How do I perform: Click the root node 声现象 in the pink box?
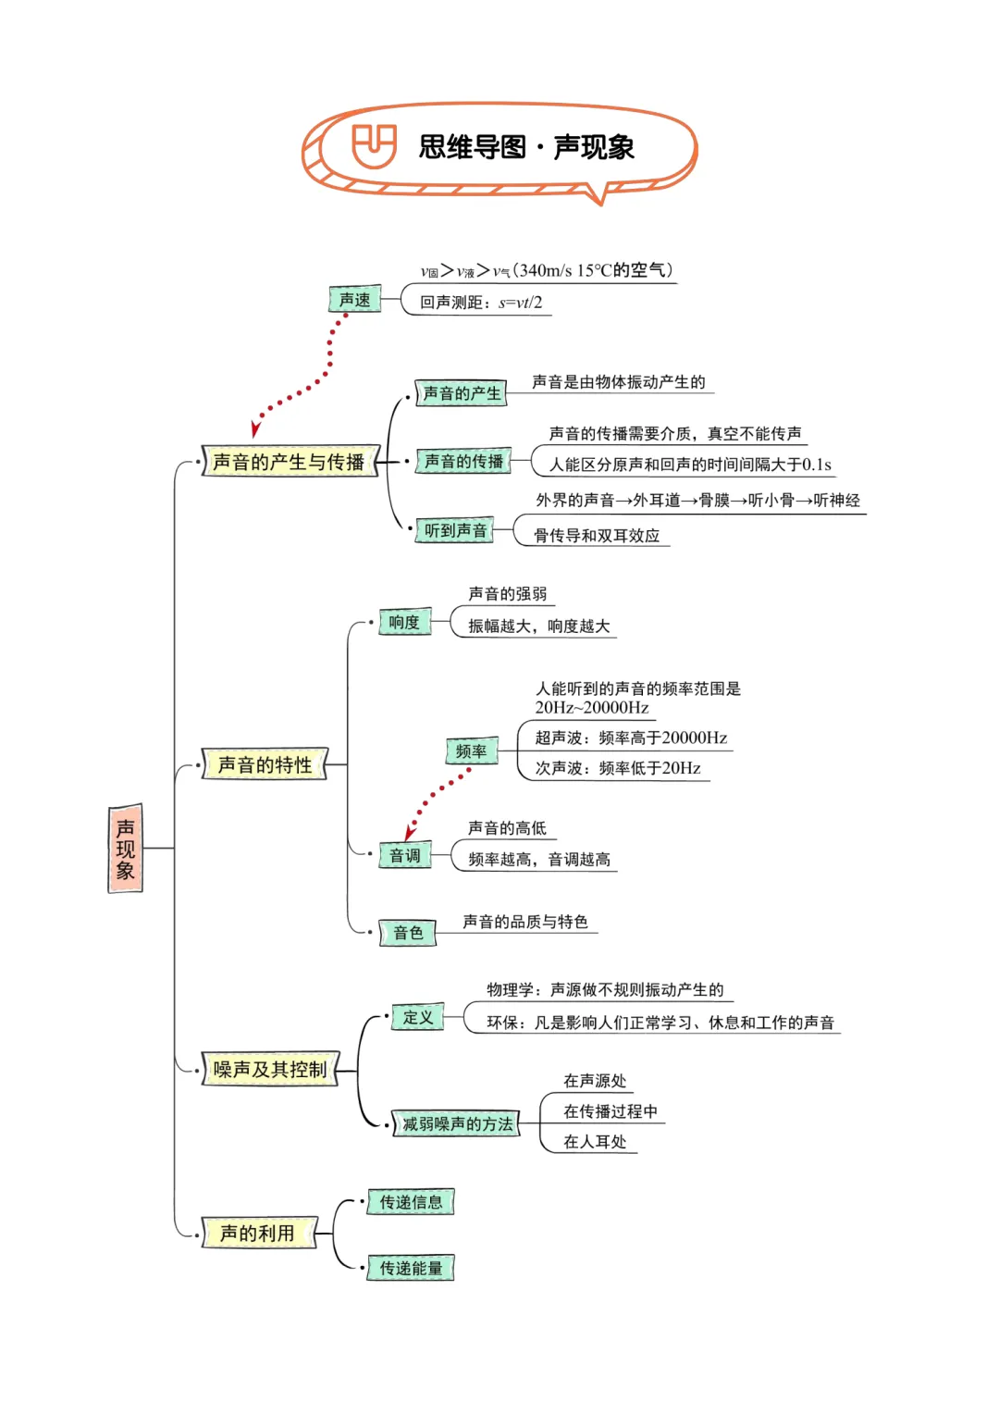pyautogui.click(x=126, y=849)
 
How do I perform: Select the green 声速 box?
pyautogui.click(x=355, y=300)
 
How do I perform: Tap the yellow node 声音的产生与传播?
pyautogui.click(x=290, y=462)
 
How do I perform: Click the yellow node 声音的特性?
pyautogui.click(x=265, y=765)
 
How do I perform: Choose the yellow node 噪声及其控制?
pyautogui.click(x=270, y=1070)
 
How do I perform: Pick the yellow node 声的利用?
pyautogui.click(x=258, y=1234)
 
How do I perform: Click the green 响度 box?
pyautogui.click(x=404, y=623)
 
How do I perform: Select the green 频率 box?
pyautogui.click(x=471, y=751)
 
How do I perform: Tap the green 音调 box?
pyautogui.click(x=405, y=856)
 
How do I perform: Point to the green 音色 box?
pyautogui.click(x=408, y=933)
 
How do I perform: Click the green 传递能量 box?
pyautogui.click(x=411, y=1269)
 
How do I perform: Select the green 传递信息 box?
pyautogui.click(x=411, y=1203)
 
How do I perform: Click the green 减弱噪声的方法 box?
pyautogui.click(x=457, y=1124)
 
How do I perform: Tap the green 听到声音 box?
pyautogui.click(x=455, y=531)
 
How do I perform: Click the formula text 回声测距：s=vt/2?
pyautogui.click(x=481, y=303)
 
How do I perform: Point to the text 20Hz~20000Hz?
pyautogui.click(x=592, y=708)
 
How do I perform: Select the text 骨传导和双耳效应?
pyautogui.click(x=597, y=536)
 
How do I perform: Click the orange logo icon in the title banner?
pyautogui.click(x=374, y=146)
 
